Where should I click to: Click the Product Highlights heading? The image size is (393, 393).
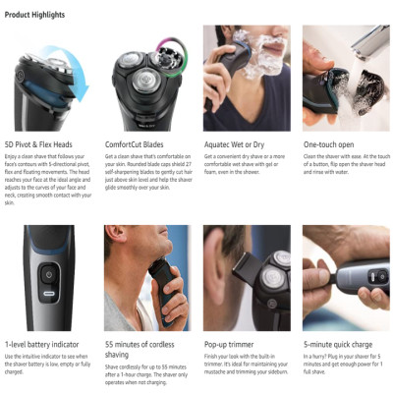point(34,15)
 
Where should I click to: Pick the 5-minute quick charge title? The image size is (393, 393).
point(340,345)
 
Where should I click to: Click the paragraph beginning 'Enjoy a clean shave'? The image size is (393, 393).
point(48,178)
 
